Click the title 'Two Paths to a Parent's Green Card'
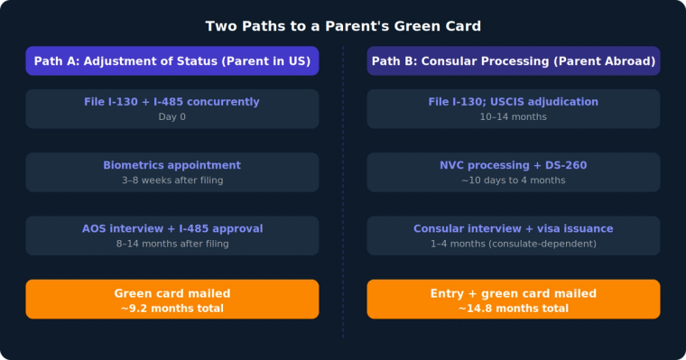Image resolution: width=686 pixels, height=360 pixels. click(343, 25)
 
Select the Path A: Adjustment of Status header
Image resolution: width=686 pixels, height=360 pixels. click(171, 61)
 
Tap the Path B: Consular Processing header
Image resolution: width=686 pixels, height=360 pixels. click(513, 61)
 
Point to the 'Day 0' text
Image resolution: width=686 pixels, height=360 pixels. click(171, 117)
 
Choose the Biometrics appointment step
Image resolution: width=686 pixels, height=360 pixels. click(171, 165)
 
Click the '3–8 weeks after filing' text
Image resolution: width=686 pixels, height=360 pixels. click(171, 180)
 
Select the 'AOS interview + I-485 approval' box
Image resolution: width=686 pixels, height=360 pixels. click(171, 228)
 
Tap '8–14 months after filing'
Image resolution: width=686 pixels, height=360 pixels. click(171, 244)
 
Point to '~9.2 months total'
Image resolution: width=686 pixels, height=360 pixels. click(171, 309)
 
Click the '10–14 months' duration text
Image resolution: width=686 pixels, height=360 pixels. click(513, 117)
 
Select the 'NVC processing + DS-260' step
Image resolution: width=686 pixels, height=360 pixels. click(513, 165)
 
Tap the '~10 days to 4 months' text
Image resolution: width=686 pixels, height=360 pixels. click(513, 180)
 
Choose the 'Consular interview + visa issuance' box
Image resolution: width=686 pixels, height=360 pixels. click(513, 228)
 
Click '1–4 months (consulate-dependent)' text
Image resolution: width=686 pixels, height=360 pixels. click(513, 244)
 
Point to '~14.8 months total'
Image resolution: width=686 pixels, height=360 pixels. click(513, 309)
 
